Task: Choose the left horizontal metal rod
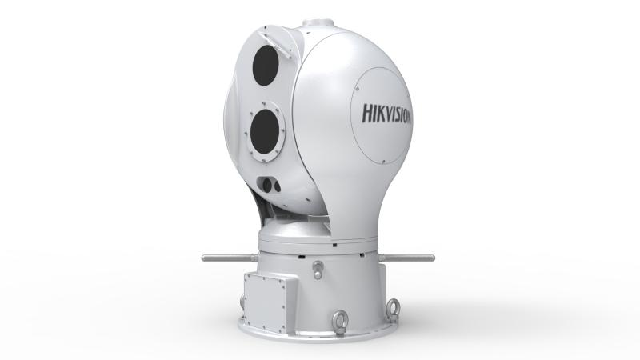pos(228,258)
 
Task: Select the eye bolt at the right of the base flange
pos(393,306)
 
